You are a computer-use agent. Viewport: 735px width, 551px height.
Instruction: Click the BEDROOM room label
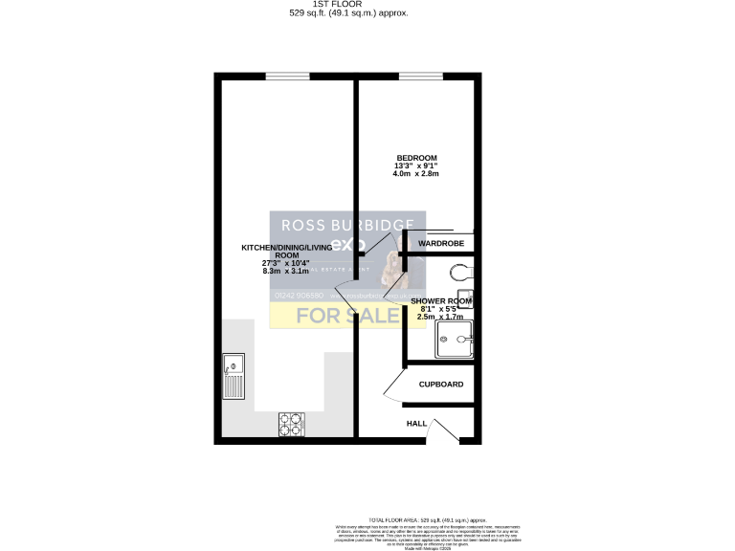416,158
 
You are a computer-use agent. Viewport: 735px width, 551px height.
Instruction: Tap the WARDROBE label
441,244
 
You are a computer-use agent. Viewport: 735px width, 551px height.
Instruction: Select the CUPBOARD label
441,385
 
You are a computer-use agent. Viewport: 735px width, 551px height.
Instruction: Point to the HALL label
417,423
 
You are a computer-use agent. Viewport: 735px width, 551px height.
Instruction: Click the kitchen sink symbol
233,377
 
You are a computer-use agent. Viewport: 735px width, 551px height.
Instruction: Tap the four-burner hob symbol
291,424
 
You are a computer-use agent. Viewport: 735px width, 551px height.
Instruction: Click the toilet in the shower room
464,275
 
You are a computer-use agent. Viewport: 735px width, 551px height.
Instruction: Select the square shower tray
456,338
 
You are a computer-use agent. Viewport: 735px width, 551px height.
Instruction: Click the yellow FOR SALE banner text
346,314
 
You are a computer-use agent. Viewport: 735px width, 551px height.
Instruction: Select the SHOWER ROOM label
441,300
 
